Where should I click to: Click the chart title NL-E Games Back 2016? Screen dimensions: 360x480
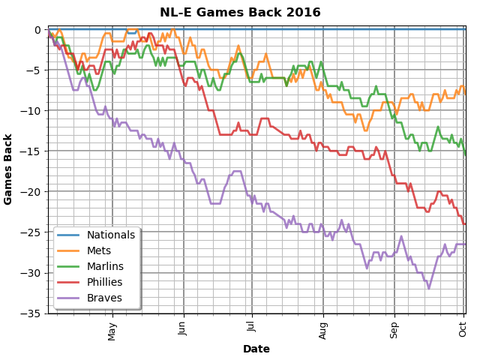tap(240, 13)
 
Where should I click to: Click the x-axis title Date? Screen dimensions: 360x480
tap(256, 349)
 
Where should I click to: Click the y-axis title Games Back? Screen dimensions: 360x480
tap(9, 169)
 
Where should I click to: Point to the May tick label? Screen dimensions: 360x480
tap(112, 331)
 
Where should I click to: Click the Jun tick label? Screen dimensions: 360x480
tap(183, 329)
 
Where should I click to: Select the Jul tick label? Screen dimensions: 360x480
tap(251, 328)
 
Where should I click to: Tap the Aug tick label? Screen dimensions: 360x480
tap(323, 330)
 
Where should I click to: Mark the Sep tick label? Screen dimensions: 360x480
tap(394, 330)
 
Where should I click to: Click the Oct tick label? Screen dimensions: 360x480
tap(463, 328)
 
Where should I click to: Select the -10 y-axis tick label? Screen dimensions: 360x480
tap(31, 111)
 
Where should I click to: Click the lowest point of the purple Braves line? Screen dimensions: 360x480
tap(429, 288)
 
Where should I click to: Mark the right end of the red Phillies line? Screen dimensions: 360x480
tap(465, 223)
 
